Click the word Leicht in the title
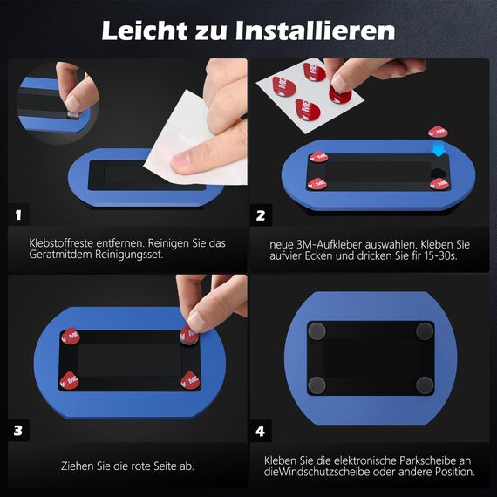148,31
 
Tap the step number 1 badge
20,214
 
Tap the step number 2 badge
260,214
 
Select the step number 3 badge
20,430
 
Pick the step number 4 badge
260,430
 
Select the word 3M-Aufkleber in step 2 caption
324,243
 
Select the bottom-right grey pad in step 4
425,385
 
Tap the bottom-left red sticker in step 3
69,379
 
